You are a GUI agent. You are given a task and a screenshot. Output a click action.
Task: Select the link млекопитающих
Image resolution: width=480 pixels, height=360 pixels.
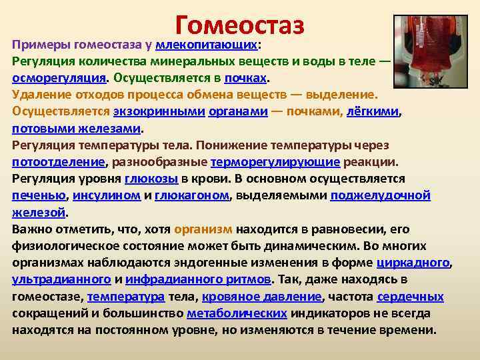pos(206,45)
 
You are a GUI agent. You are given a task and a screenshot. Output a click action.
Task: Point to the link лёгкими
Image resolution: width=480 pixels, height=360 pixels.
pos(372,111)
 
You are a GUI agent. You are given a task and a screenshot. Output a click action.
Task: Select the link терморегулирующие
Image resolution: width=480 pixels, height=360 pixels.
pos(275,161)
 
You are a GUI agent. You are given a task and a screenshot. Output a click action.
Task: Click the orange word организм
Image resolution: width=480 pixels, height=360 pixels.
pos(204,229)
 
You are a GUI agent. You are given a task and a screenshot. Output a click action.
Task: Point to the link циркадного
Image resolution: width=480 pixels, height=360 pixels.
pos(413,262)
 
